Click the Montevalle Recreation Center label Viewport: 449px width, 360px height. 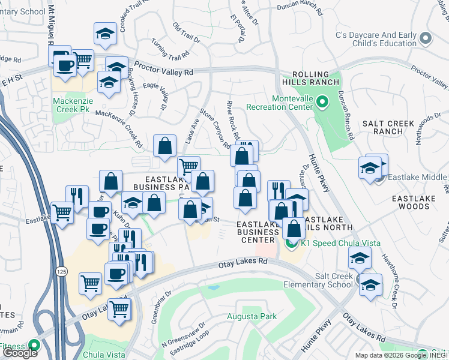pyautogui.click(x=280, y=102)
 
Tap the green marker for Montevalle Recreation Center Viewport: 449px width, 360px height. pyautogui.click(x=321, y=102)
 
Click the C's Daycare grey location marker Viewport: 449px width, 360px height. pyautogui.click(x=426, y=38)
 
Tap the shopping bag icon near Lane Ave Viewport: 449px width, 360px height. pyautogui.click(x=164, y=146)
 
